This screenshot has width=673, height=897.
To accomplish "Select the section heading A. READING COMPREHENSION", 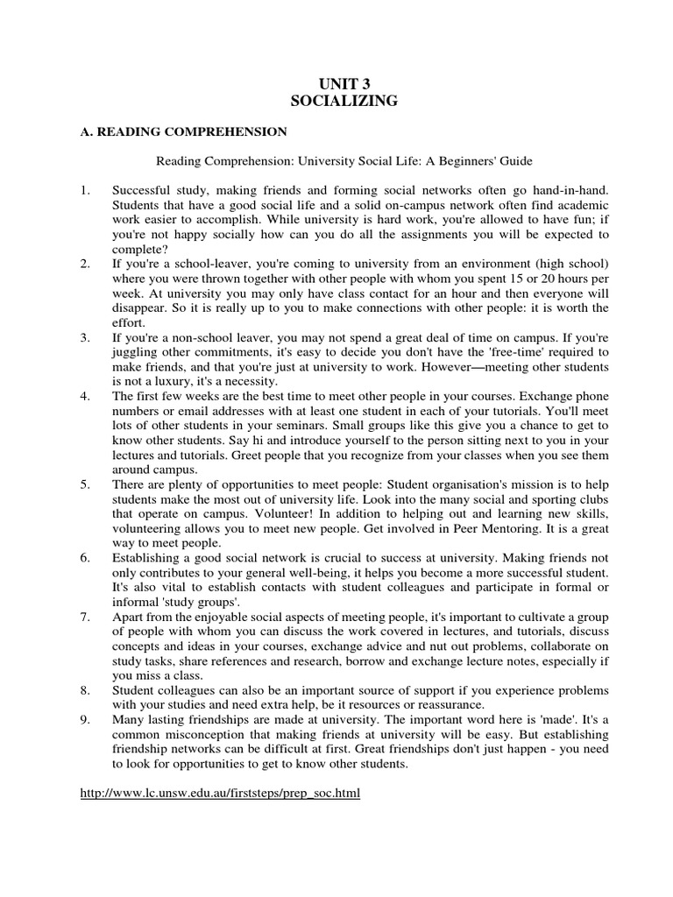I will [179, 131].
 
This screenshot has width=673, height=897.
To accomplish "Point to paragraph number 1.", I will [83, 190].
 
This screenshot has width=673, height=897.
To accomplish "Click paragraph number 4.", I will [83, 396].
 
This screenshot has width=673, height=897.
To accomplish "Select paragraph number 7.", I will [83, 617].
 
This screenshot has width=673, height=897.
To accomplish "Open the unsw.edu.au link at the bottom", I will [219, 793].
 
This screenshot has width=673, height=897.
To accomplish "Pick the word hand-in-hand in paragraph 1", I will [567, 190].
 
